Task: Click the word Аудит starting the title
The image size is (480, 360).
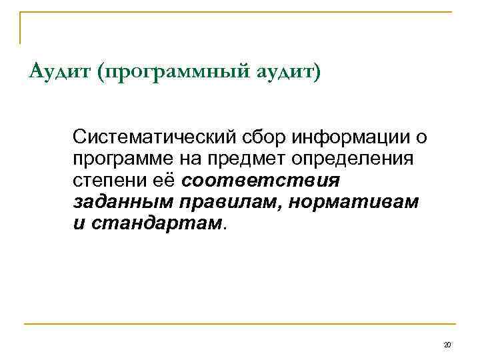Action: coord(60,70)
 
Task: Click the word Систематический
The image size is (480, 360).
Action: coord(159,137)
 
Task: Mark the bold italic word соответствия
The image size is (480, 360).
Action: coord(261,181)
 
